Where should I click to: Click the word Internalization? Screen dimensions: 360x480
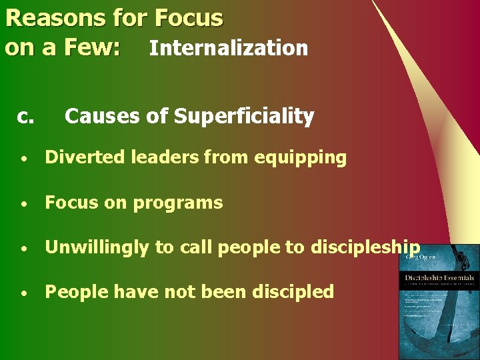[228, 48]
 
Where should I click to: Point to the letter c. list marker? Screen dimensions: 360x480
[25, 117]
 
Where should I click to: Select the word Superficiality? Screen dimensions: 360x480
[243, 116]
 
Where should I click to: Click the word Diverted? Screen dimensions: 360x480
[85, 158]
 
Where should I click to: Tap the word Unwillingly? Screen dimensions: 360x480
[97, 248]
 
